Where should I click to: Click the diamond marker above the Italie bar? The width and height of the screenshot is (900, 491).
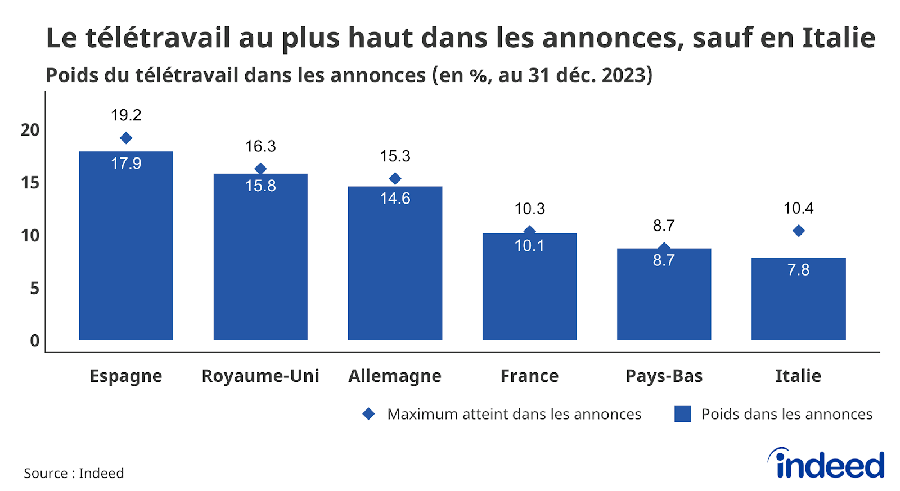coord(798,231)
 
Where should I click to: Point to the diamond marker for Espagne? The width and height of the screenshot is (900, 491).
coord(126,138)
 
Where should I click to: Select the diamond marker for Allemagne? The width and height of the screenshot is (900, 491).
coord(395,179)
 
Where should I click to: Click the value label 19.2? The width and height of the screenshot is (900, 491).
coord(126,115)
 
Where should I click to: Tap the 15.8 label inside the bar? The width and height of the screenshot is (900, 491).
coord(260,186)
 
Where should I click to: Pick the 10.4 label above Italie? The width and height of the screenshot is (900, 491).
coord(798,209)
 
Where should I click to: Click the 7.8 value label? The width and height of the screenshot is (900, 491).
coord(798,270)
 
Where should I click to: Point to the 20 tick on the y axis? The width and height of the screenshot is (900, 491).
coord(30,130)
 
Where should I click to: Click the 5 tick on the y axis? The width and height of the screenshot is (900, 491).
coord(34,288)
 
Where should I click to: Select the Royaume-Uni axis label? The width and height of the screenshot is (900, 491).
coord(260,376)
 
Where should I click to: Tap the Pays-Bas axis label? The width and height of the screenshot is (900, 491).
coord(664,376)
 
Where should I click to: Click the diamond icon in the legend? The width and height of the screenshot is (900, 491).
coord(368,414)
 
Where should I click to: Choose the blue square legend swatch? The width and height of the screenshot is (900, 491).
coord(682,414)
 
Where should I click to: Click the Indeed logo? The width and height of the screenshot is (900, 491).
coord(826,464)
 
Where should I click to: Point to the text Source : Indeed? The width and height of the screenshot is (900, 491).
coord(74,473)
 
